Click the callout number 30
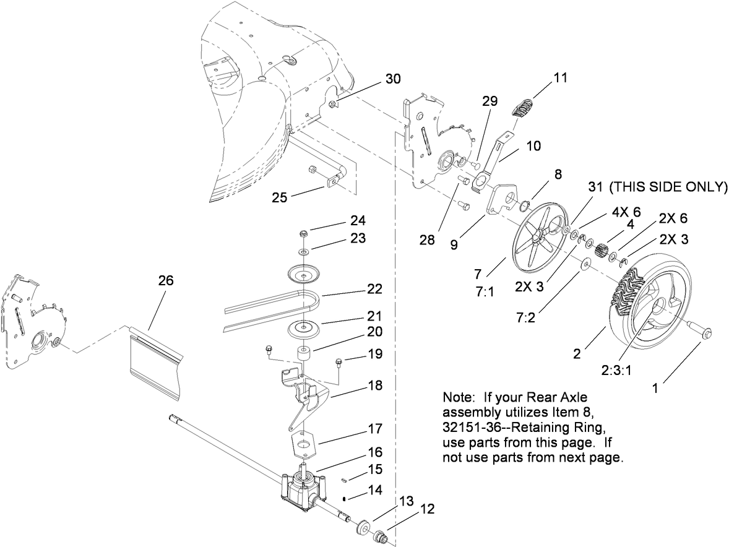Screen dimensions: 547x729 (393, 79)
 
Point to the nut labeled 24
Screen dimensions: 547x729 (304, 234)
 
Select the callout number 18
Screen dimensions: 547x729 (375, 385)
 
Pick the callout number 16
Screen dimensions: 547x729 (375, 452)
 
